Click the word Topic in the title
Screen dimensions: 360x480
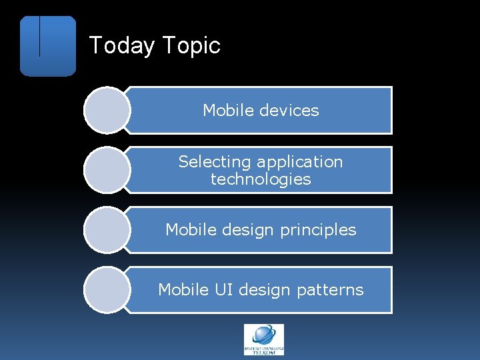191,46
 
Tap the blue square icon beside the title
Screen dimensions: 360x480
48,46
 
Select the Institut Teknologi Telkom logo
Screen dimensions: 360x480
263,339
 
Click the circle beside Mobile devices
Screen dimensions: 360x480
107,110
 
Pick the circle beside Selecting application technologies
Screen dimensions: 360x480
107,170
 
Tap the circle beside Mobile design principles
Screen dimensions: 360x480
107,230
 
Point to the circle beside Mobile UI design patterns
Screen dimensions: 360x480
107,290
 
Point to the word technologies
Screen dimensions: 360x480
261,179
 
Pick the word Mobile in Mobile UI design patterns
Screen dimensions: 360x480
182,290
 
